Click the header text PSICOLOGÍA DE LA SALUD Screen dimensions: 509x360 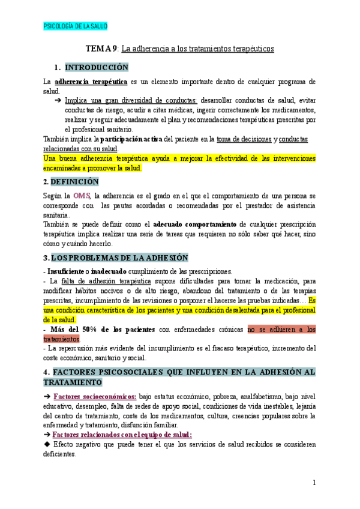(x=76, y=26)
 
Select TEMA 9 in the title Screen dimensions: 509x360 (x=101, y=49)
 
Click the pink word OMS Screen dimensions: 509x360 (x=82, y=196)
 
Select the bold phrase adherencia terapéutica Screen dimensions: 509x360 (x=91, y=81)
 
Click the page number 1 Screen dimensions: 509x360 (x=314, y=482)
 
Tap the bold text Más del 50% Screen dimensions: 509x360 (x=75, y=329)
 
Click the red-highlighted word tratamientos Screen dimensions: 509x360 (x=62, y=339)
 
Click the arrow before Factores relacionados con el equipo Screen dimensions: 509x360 (x=47, y=435)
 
